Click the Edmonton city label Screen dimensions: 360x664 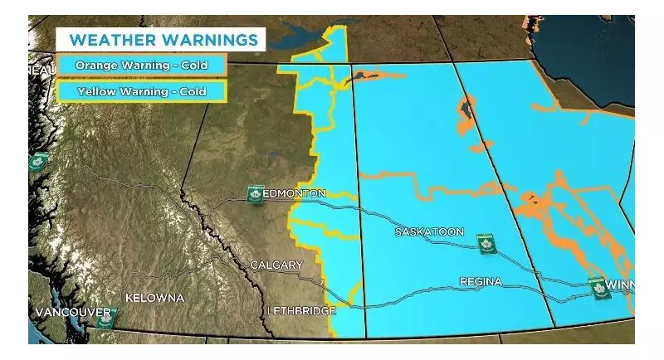tap(294, 193)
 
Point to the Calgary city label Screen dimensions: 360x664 tap(276, 265)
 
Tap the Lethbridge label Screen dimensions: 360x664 tap(301, 311)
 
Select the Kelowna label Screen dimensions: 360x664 tap(154, 297)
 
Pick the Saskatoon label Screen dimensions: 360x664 tap(429, 232)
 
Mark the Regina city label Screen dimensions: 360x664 tap(481, 282)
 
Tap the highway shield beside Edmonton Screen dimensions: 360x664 tap(256, 194)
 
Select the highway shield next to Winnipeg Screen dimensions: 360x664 tap(596, 288)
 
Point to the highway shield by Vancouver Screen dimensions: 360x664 tap(105, 318)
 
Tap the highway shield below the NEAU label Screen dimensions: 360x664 tap(37, 162)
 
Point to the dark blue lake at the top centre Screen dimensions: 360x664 tap(303, 35)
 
